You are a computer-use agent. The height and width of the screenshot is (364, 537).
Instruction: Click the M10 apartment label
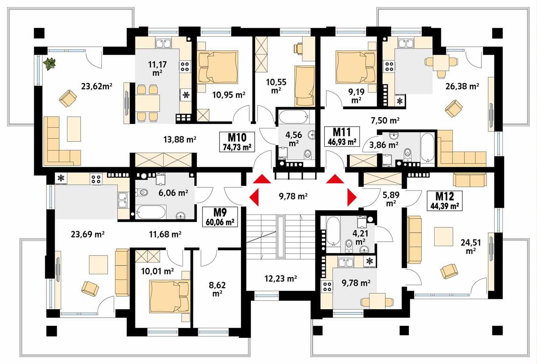(237, 138)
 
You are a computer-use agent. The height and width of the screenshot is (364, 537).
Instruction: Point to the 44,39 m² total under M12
(444, 206)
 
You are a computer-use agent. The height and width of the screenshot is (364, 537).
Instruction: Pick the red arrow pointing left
(254, 196)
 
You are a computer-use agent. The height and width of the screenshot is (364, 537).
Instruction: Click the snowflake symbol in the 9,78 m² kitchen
(370, 261)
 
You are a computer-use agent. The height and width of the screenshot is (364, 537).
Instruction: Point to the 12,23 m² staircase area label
(281, 279)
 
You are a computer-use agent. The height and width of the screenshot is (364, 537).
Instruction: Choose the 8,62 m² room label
(216, 289)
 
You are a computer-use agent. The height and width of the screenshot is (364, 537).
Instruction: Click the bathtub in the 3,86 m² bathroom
(427, 148)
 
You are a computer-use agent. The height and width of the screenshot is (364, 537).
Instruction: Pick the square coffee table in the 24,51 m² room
(443, 237)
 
